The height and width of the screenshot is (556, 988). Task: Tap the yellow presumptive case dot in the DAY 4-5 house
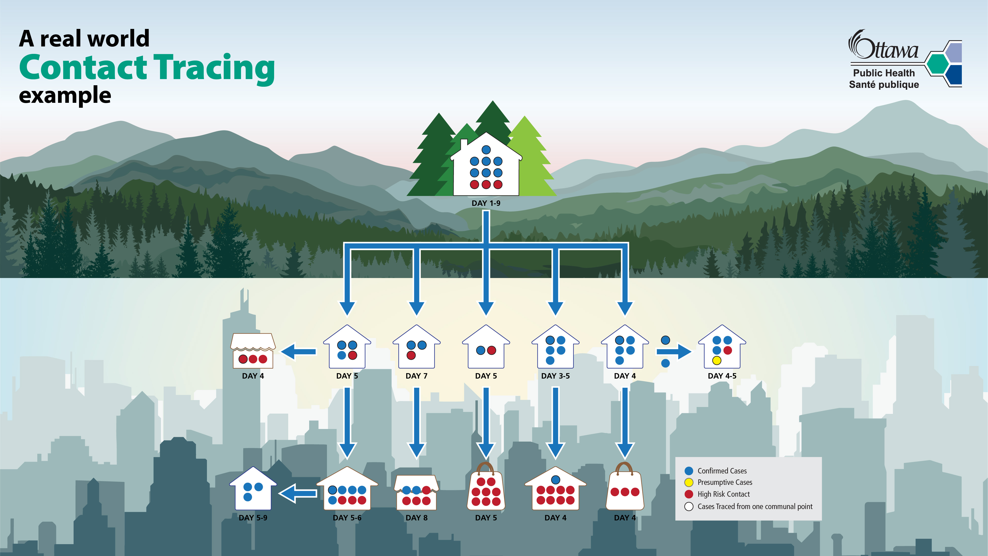point(716,360)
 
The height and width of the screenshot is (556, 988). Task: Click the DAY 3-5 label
point(555,376)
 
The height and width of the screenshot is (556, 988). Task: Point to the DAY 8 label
point(417,518)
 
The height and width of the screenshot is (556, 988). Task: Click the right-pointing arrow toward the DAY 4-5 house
point(674,351)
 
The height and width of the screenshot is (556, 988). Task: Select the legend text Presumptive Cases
point(725,482)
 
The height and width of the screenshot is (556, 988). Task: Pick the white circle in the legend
point(689,507)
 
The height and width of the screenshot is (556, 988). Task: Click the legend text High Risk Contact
point(723,494)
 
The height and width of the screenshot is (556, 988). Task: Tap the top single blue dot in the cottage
point(486,150)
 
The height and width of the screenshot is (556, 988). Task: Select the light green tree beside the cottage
point(531,157)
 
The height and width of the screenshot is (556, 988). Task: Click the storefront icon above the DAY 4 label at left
point(253,351)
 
